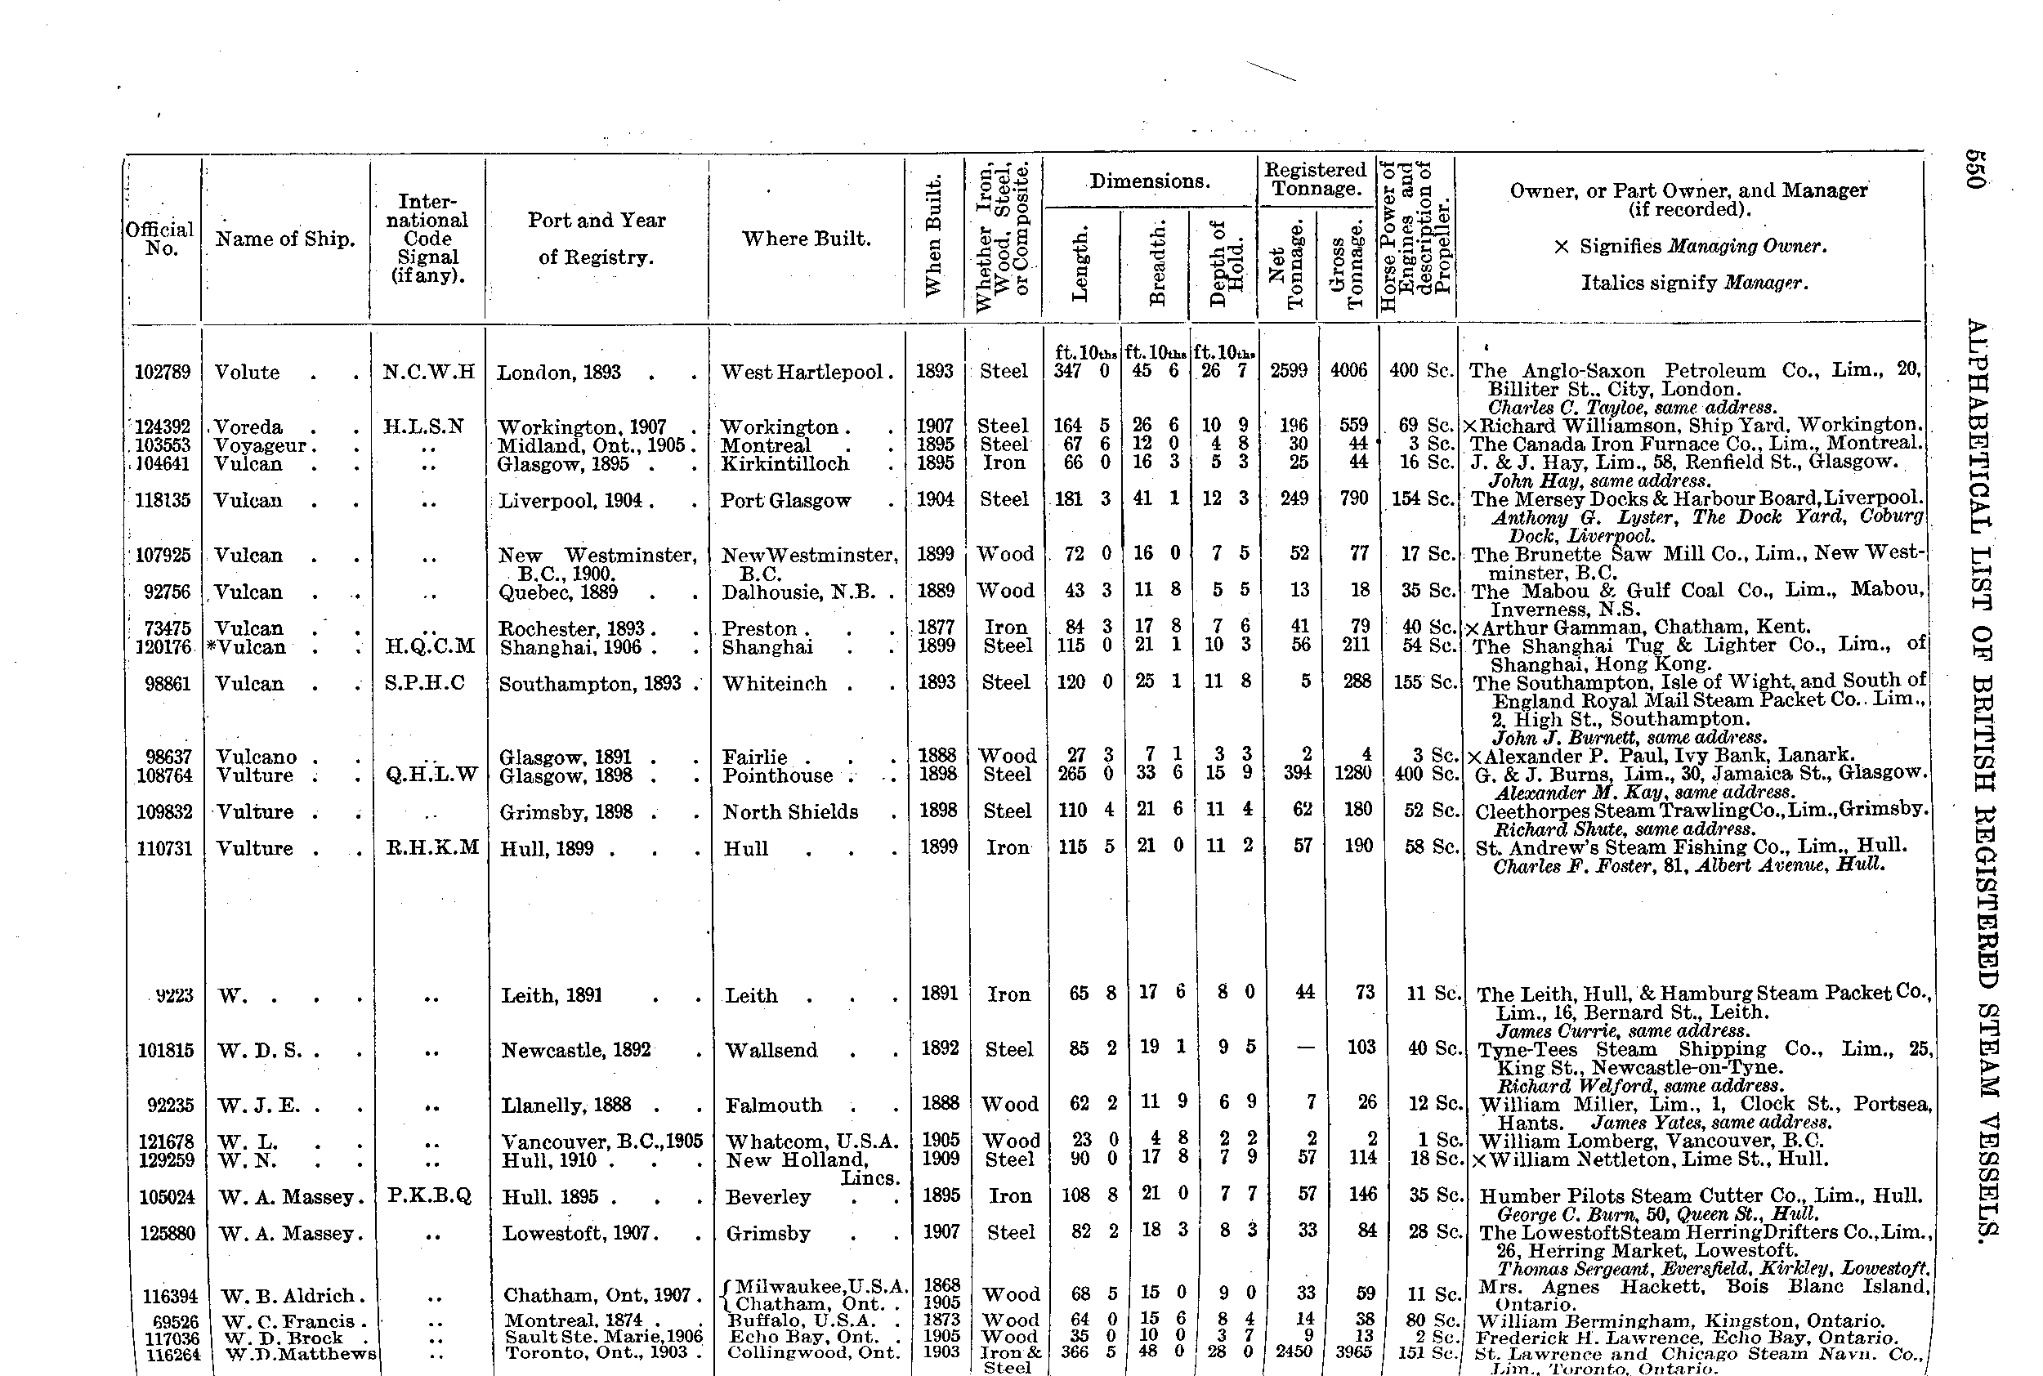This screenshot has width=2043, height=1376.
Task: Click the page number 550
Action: pyautogui.click(x=1974, y=168)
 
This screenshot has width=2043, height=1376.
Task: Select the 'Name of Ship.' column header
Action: pyautogui.click(x=285, y=239)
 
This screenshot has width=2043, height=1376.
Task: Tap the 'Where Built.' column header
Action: pyautogui.click(x=806, y=239)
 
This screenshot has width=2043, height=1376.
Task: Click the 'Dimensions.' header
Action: pyautogui.click(x=1150, y=181)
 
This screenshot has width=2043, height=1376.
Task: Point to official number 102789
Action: pyautogui.click(x=163, y=372)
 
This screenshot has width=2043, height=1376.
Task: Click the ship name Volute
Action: pyautogui.click(x=247, y=372)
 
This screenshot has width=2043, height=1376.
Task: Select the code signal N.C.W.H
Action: pyautogui.click(x=428, y=372)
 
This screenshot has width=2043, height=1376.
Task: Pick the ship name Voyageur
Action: pyautogui.click(x=260, y=445)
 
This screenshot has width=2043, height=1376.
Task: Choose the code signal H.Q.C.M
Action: pyautogui.click(x=430, y=647)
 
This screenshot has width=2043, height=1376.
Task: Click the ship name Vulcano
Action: pyautogui.click(x=257, y=757)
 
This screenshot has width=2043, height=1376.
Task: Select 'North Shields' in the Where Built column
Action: pyautogui.click(x=789, y=811)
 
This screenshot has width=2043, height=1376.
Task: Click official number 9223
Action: pyautogui.click(x=174, y=995)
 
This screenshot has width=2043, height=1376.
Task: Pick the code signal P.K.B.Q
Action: pyautogui.click(x=430, y=1195)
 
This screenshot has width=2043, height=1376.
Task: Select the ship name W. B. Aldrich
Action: pyautogui.click(x=287, y=1296)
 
